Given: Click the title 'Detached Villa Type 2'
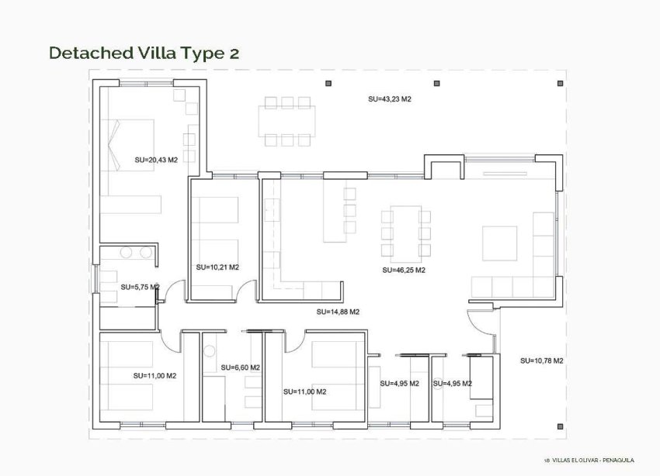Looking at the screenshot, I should (144, 53).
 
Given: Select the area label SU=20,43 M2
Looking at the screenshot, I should (156, 160).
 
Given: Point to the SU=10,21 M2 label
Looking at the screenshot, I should (217, 267).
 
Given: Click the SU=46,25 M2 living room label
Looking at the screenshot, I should (404, 271).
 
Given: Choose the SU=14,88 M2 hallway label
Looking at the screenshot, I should (338, 312).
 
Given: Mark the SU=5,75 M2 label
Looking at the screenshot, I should (140, 287).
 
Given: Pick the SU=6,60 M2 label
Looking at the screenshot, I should (240, 367).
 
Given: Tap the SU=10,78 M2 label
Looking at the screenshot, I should (541, 361).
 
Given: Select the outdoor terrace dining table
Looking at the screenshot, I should (288, 121).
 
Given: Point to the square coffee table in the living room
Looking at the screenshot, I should (499, 243).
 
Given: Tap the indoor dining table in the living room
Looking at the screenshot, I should (403, 229).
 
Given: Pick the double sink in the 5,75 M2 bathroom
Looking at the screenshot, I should (135, 253).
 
